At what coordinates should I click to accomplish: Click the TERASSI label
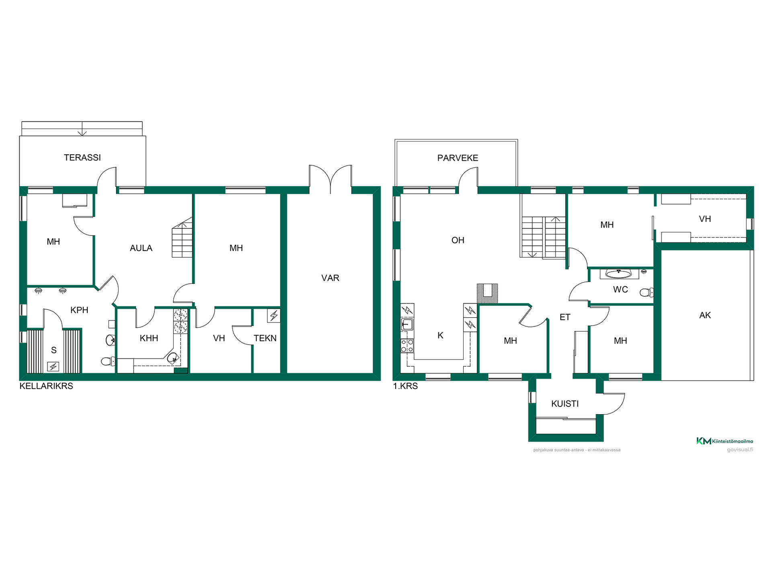coord(82,158)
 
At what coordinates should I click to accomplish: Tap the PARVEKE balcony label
coord(458,158)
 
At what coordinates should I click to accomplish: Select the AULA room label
coord(141,248)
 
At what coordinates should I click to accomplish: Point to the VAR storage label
coord(330,278)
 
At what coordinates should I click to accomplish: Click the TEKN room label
coord(265,338)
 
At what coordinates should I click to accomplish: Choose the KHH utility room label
coord(149,338)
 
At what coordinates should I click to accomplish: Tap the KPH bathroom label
coord(79,310)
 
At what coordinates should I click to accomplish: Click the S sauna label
coord(54,350)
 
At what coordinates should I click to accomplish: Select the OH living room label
coord(458,240)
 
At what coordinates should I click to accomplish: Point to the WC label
coord(620,289)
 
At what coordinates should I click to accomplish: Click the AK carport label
coord(705,315)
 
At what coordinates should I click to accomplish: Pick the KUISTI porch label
coord(565,404)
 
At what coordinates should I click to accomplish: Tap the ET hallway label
coord(565,317)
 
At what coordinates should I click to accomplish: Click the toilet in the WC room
coord(647,292)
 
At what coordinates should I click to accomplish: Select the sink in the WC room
coord(619,274)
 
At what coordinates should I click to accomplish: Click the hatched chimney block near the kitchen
coord(487,293)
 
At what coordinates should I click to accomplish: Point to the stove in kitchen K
coord(407,346)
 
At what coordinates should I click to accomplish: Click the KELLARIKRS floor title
coord(46,386)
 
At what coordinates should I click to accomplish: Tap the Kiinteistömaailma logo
coord(725,441)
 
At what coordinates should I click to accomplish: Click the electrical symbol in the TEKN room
coord(274,316)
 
